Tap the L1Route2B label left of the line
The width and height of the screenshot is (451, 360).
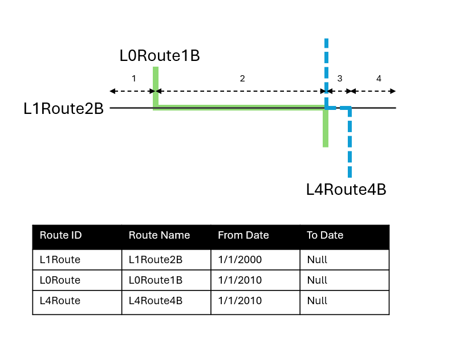(63, 108)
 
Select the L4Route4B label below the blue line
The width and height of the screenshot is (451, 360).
(346, 189)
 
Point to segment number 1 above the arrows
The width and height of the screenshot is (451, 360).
(134, 79)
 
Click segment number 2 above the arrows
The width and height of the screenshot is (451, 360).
(242, 79)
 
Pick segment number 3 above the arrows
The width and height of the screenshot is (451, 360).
(340, 79)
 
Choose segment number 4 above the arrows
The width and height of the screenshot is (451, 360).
(379, 79)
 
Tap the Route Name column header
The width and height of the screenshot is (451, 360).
(159, 235)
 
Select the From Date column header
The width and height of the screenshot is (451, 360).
(243, 235)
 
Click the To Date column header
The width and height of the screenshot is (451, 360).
(325, 235)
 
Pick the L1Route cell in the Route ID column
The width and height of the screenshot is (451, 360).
(60, 260)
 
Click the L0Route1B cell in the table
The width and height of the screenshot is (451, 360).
(156, 280)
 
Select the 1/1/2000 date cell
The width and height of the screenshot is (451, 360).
(240, 260)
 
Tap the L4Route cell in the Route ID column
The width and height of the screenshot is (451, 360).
(60, 301)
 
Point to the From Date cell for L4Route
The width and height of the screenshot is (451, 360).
(240, 301)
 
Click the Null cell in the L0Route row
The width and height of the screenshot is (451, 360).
(317, 280)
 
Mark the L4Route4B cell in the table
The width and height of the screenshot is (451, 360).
(156, 301)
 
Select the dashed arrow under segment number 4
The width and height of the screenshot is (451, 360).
(373, 91)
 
